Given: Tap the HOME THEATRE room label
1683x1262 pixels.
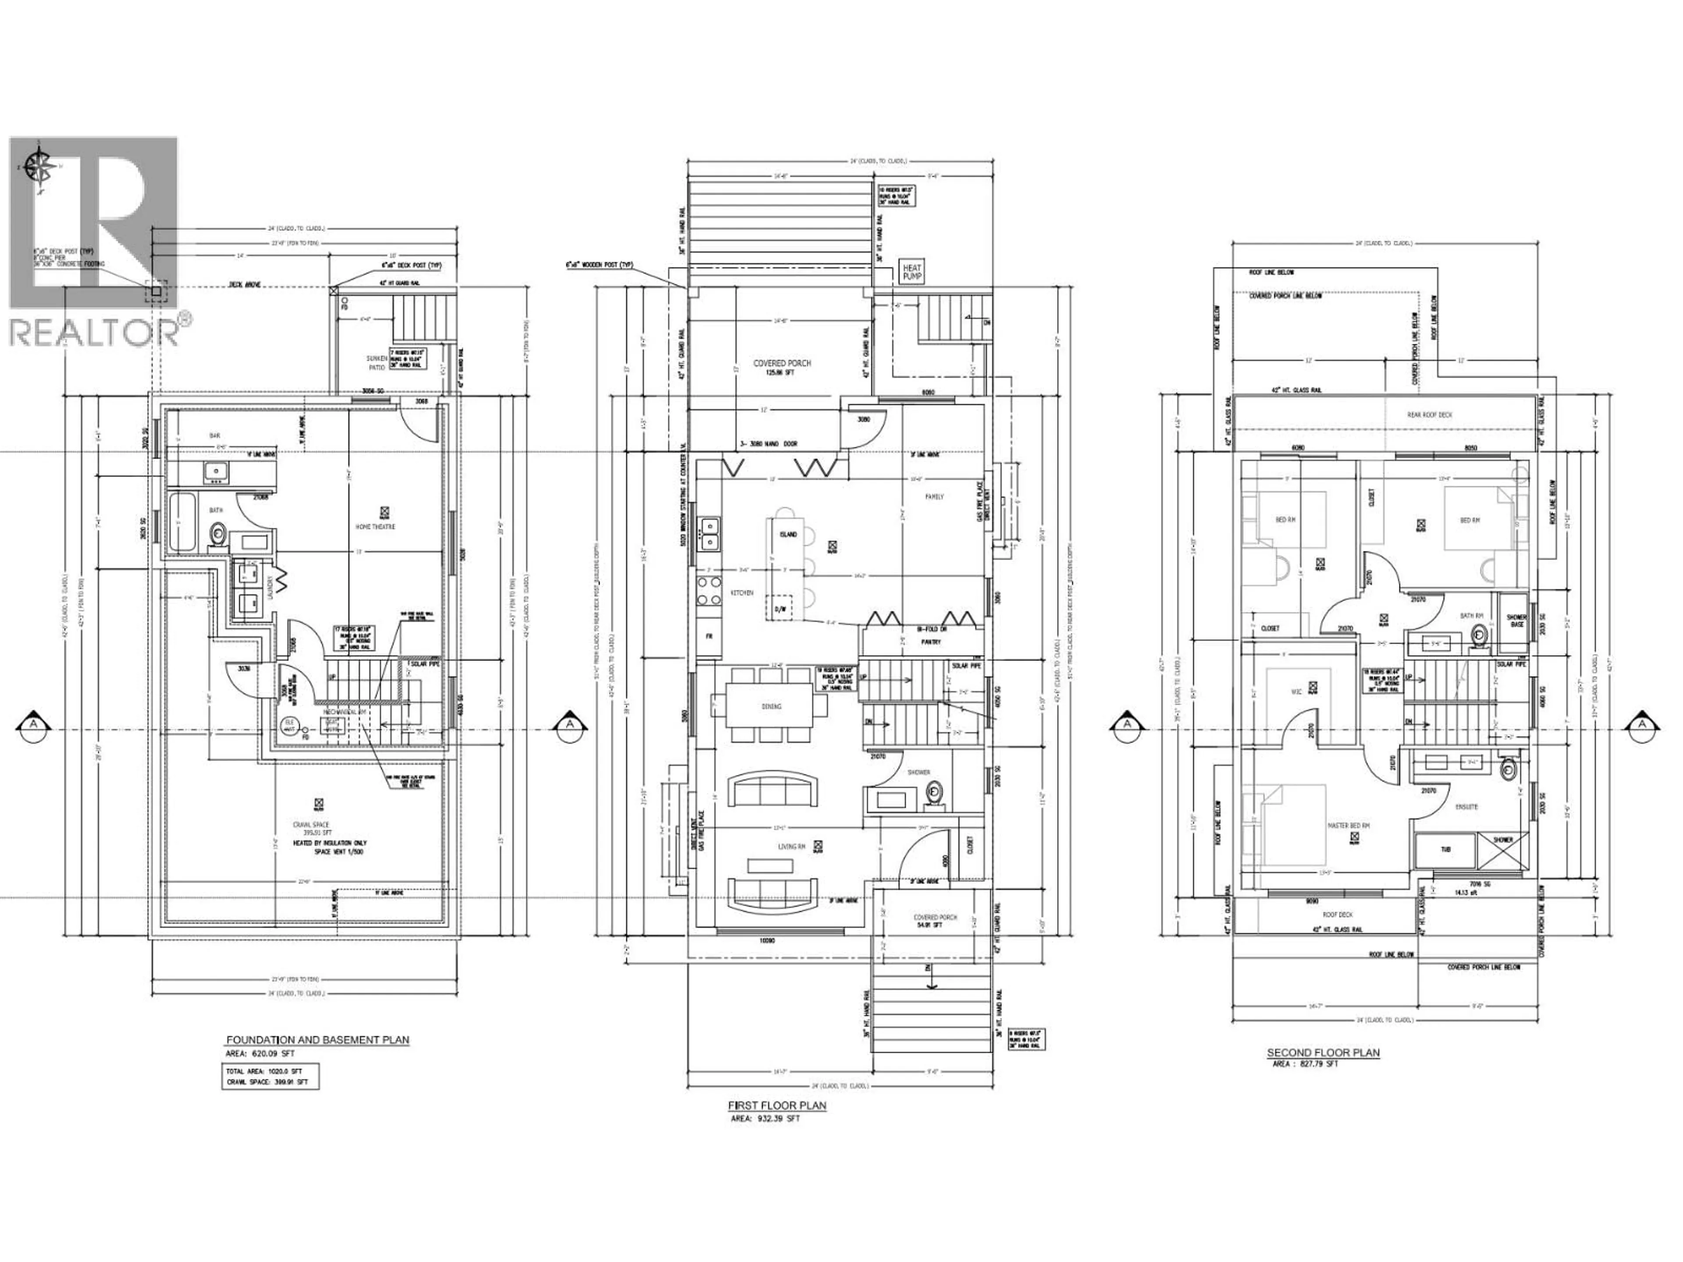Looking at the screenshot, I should click(375, 526).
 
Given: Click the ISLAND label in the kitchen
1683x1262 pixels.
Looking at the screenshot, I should click(788, 534).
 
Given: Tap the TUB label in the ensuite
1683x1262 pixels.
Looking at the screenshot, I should click(1445, 850).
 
